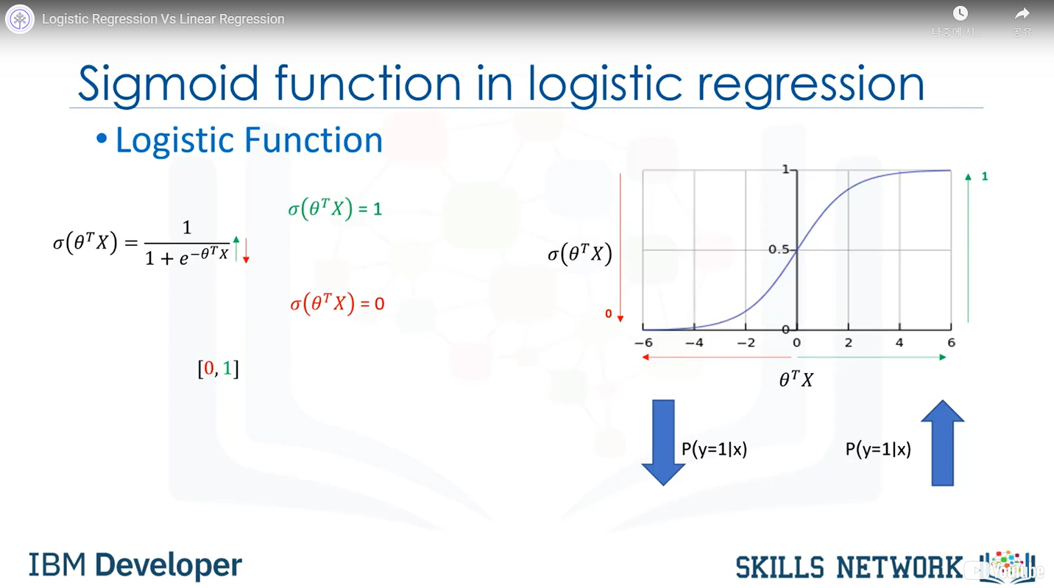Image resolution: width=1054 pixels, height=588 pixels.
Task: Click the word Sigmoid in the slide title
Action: (168, 85)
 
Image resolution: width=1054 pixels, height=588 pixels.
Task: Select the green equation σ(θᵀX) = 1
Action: (335, 208)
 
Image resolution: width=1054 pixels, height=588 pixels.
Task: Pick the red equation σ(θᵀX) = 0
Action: (337, 303)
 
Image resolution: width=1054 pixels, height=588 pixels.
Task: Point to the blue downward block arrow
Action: (663, 442)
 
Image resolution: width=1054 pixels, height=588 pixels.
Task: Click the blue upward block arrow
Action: (942, 442)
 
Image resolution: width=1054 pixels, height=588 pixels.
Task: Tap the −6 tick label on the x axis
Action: (643, 342)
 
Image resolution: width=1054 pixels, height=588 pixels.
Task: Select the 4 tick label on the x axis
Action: (899, 342)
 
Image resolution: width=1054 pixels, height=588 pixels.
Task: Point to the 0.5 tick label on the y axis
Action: (778, 249)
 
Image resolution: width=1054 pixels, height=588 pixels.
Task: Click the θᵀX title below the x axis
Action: (796, 379)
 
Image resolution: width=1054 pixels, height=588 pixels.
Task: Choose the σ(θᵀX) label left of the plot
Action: (580, 254)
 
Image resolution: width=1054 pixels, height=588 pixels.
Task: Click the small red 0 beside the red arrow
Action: (609, 314)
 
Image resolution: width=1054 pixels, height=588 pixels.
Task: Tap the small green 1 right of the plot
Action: (984, 177)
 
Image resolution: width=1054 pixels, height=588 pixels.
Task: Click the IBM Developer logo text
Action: (135, 564)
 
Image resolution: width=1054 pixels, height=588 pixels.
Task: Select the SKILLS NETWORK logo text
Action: (849, 567)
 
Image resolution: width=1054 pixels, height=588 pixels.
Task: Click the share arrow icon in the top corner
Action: (1022, 14)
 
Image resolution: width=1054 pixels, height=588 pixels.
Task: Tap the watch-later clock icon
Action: (961, 13)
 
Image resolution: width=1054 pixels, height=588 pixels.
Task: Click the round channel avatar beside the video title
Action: (20, 19)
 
